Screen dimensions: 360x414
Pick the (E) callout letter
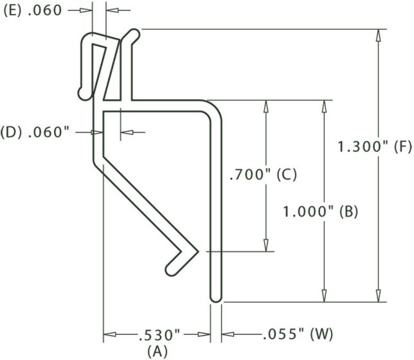[x=13, y=10]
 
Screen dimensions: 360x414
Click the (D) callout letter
[x=13, y=132]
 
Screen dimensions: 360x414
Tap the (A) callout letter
[x=157, y=351]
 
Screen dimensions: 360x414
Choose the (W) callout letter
[x=321, y=335]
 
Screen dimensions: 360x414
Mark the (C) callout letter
[x=287, y=174]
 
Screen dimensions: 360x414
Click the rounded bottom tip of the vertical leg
[x=216, y=298]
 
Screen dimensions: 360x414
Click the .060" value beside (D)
[x=48, y=132]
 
